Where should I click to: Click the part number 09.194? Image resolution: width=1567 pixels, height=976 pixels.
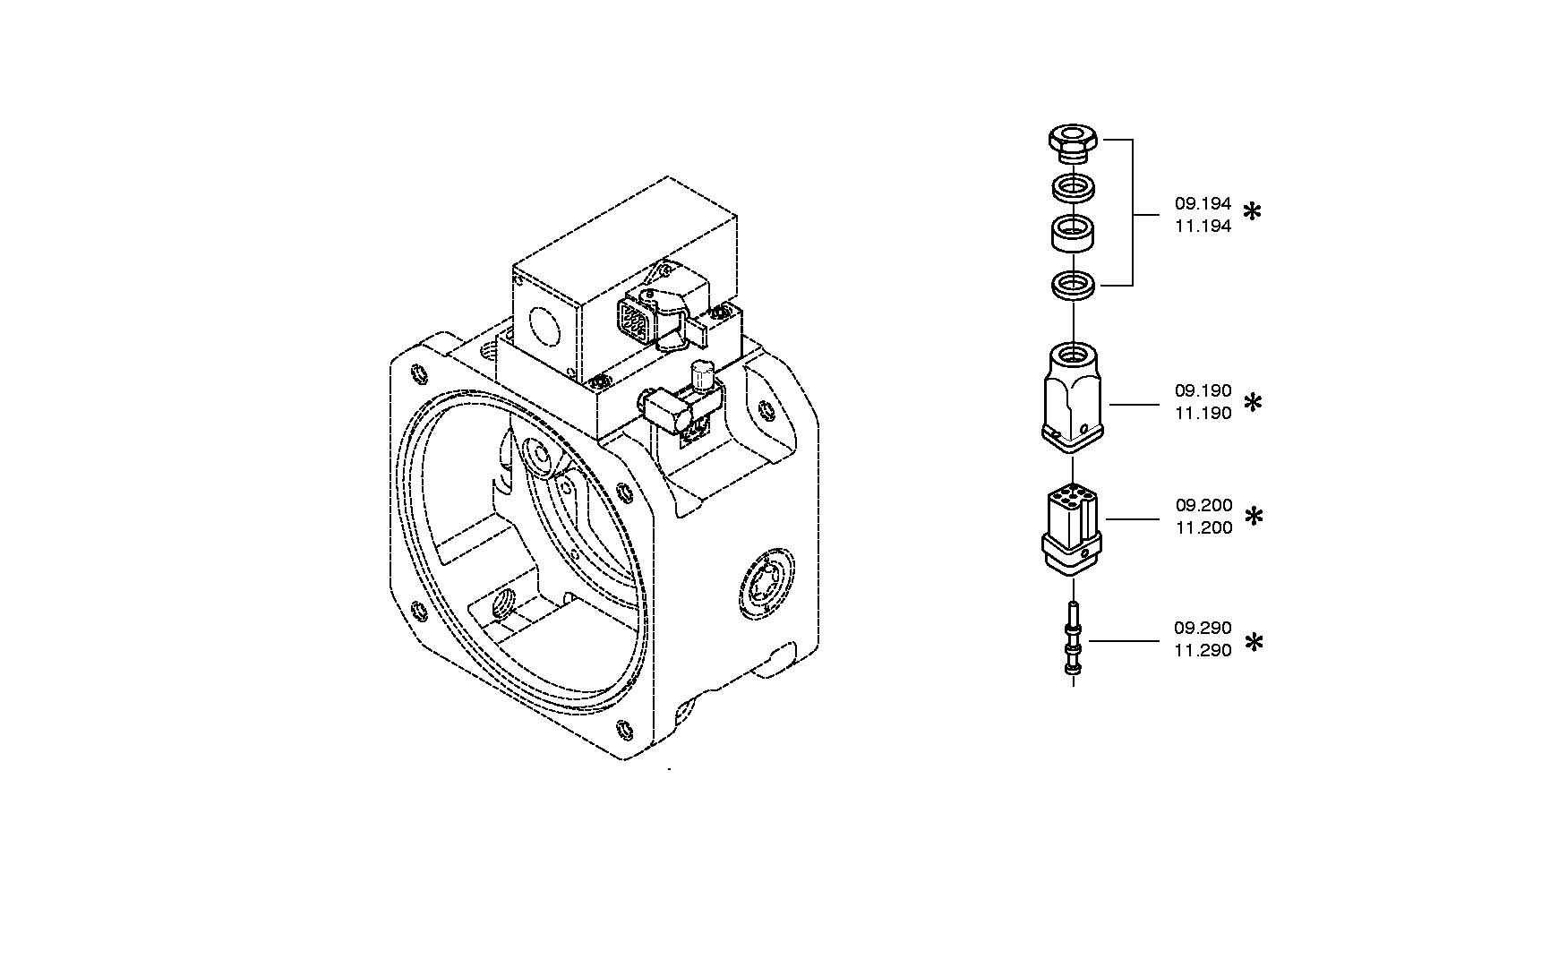click(x=1203, y=204)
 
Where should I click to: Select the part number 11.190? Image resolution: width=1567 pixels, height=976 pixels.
click(x=1203, y=414)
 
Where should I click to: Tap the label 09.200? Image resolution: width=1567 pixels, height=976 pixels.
click(x=1203, y=506)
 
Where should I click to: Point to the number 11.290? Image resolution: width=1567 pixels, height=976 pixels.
click(x=1203, y=651)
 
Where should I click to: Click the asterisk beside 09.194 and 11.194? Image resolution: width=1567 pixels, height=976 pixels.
click(x=1253, y=212)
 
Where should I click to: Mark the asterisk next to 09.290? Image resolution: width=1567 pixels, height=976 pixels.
click(x=1254, y=642)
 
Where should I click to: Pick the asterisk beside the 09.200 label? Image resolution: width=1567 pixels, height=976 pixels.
click(x=1254, y=517)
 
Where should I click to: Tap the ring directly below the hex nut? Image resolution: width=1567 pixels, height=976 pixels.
click(x=1073, y=188)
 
